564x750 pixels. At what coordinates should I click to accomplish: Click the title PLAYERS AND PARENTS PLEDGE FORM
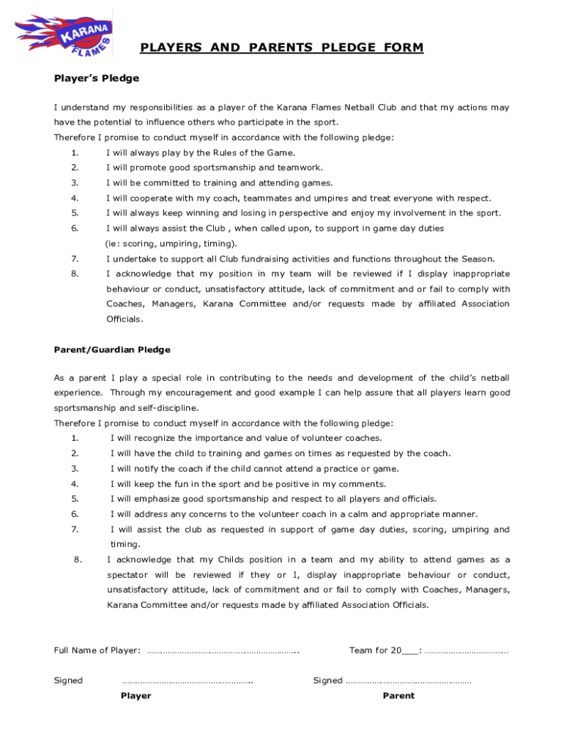(x=281, y=48)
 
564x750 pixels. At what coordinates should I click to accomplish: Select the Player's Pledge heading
(x=96, y=78)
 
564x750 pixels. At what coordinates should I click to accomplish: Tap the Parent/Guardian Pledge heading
(x=112, y=350)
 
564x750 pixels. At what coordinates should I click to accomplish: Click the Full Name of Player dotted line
(x=223, y=651)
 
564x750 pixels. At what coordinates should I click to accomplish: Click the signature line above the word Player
(x=188, y=681)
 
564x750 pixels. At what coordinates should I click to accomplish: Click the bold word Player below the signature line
(x=136, y=696)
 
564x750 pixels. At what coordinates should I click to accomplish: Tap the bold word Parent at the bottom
(x=398, y=696)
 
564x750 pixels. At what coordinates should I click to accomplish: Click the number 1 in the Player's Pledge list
(x=75, y=153)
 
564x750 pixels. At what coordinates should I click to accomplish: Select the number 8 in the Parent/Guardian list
(x=78, y=560)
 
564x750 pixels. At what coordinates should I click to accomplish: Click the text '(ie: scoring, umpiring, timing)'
(x=171, y=244)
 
